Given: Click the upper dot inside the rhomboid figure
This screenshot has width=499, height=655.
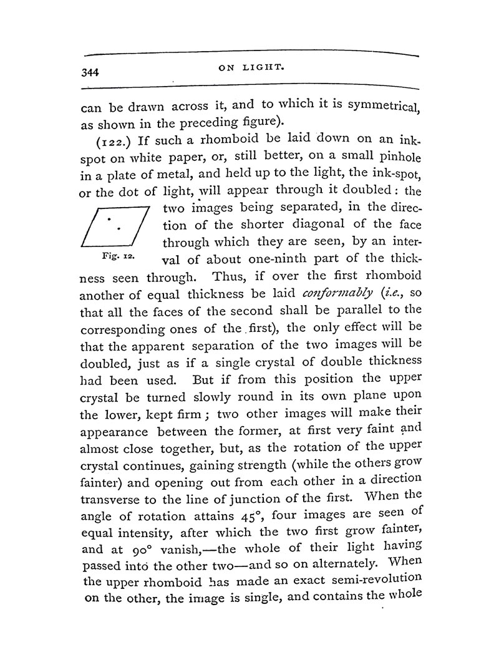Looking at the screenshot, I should pos(109,219).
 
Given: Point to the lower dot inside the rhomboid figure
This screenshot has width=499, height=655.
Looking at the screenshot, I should pos(120,227).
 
